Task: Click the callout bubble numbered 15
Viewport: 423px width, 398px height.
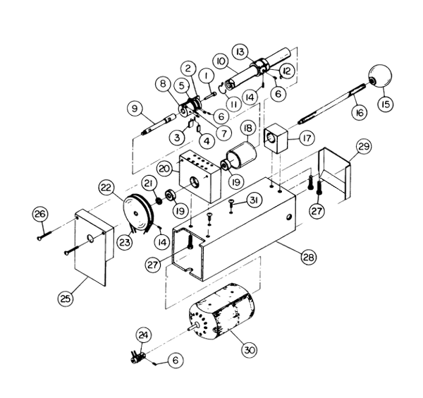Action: point(386,104)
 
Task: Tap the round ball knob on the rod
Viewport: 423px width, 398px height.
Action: point(380,76)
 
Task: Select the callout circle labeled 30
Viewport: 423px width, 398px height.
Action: point(249,350)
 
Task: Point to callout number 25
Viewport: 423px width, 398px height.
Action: point(66,298)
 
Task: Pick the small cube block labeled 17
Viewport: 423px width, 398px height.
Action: point(275,138)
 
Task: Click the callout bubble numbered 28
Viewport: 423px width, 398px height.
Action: point(309,257)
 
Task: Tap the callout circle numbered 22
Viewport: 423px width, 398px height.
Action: point(106,188)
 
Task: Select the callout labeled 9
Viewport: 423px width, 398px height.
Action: point(135,109)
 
